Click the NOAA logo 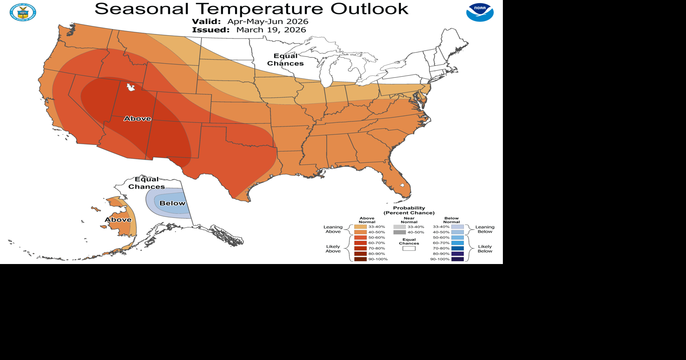480,12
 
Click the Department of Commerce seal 23,12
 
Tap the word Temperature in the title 260,9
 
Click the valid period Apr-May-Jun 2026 268,21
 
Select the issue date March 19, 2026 271,30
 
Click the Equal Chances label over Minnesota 285,60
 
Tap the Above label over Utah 137,119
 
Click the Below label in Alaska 172,203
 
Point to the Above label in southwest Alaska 118,220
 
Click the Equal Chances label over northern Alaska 147,183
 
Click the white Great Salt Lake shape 131,87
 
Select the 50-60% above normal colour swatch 360,238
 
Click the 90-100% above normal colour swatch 360,259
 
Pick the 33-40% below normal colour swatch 458,227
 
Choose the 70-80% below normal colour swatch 458,248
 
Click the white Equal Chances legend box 409,249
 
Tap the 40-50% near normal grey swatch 399,232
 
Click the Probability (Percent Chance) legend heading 409,210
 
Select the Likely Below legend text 485,249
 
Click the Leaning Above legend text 333,229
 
